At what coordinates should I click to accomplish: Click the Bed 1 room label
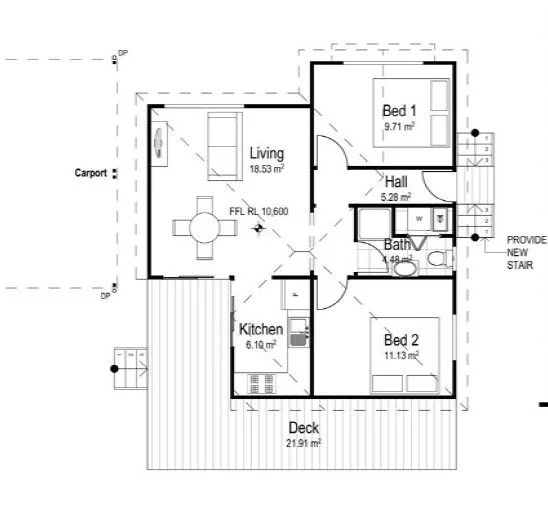pyautogui.click(x=398, y=110)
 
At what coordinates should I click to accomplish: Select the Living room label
pyautogui.click(x=266, y=154)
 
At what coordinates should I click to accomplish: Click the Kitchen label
pyautogui.click(x=260, y=329)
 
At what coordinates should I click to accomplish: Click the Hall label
pyautogui.click(x=396, y=181)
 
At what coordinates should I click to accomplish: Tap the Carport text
pyautogui.click(x=90, y=173)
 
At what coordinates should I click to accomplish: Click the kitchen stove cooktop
pyautogui.click(x=260, y=383)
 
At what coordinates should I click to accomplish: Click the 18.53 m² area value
pyautogui.click(x=266, y=170)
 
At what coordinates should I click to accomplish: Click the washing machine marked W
pyautogui.click(x=418, y=218)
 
